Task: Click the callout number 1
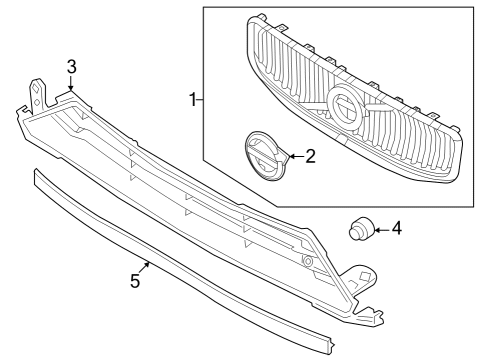pyautogui.click(x=192, y=100)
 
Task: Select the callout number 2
pyautogui.click(x=310, y=156)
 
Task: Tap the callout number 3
pyautogui.click(x=71, y=67)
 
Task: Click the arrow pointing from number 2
pyautogui.click(x=293, y=156)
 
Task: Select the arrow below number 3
pyautogui.click(x=71, y=84)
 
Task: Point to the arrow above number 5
pyautogui.click(x=148, y=265)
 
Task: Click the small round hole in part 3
pyautogui.click(x=308, y=261)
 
